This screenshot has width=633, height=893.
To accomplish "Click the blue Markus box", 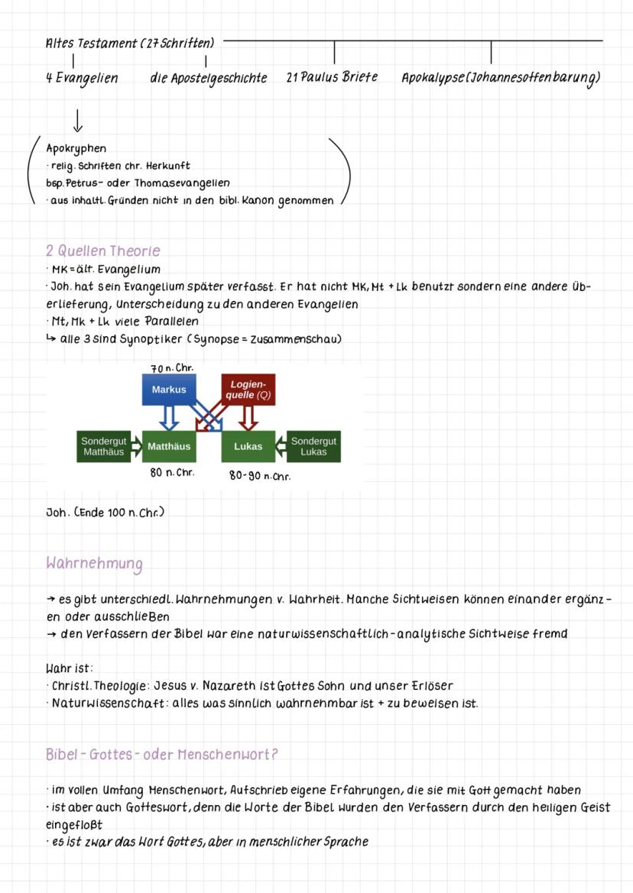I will click(x=169, y=390).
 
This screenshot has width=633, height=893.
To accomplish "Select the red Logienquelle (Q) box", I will click(x=248, y=390).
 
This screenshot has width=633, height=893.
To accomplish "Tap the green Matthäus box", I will click(x=169, y=446).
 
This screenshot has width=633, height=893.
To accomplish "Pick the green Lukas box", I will click(x=248, y=446).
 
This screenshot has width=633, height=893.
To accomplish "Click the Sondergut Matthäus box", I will click(x=103, y=446).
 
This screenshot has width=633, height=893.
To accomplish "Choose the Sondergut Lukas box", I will click(x=313, y=446).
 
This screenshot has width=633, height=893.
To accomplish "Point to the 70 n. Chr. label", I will click(x=172, y=367).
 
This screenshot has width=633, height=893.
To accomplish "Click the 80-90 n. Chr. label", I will click(x=260, y=475).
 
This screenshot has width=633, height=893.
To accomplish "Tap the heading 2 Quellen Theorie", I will click(x=103, y=251).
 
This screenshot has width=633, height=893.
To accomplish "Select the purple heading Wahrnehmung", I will click(x=94, y=564).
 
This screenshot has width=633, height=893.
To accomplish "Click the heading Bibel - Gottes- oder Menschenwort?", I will click(x=161, y=754).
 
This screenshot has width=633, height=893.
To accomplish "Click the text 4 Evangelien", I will click(x=82, y=78).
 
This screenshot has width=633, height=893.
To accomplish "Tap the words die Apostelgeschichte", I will click(x=209, y=78).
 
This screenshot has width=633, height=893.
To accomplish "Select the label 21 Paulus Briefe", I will click(x=332, y=77).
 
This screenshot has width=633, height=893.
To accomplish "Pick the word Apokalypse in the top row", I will click(x=436, y=78).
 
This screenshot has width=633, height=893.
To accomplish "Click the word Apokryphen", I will click(x=76, y=148).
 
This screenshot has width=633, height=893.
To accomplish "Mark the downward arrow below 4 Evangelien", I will click(x=78, y=120).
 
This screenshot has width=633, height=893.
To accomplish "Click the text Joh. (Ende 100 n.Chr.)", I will click(x=105, y=512).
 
